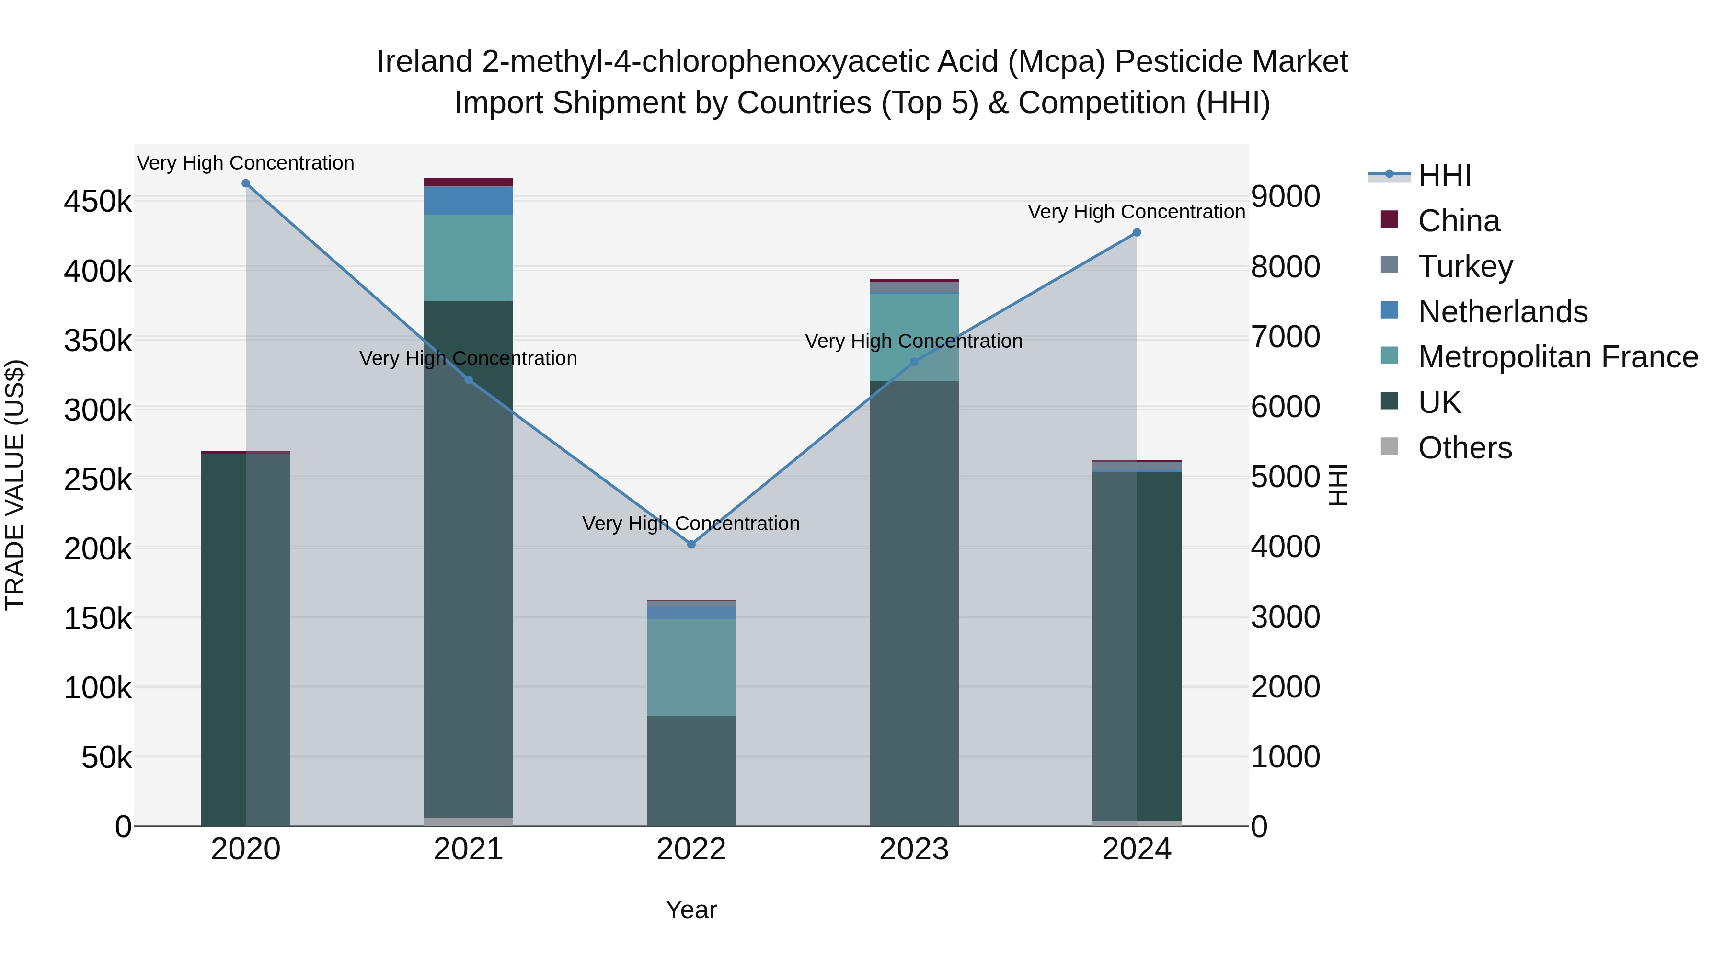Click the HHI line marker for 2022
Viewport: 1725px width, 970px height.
click(x=691, y=544)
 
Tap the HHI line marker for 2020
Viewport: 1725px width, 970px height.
click(x=246, y=183)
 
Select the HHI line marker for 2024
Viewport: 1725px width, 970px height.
click(x=1137, y=232)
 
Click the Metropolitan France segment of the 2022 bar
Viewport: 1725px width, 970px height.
click(x=691, y=667)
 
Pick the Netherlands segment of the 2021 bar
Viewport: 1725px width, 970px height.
click(x=468, y=200)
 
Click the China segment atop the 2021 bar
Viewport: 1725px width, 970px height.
click(x=468, y=182)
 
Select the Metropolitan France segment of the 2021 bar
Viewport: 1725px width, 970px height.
click(x=468, y=258)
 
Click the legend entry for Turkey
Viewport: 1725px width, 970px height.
click(x=1465, y=266)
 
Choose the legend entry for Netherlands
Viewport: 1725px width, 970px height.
click(x=1502, y=311)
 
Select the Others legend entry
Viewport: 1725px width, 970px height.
click(x=1464, y=448)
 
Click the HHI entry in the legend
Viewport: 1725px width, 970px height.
click(x=1444, y=175)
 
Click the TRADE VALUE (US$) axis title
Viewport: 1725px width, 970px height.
click(x=15, y=485)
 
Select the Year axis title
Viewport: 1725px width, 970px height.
click(x=691, y=910)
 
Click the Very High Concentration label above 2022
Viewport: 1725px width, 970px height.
click(x=691, y=524)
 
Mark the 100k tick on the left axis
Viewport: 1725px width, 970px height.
click(x=98, y=687)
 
